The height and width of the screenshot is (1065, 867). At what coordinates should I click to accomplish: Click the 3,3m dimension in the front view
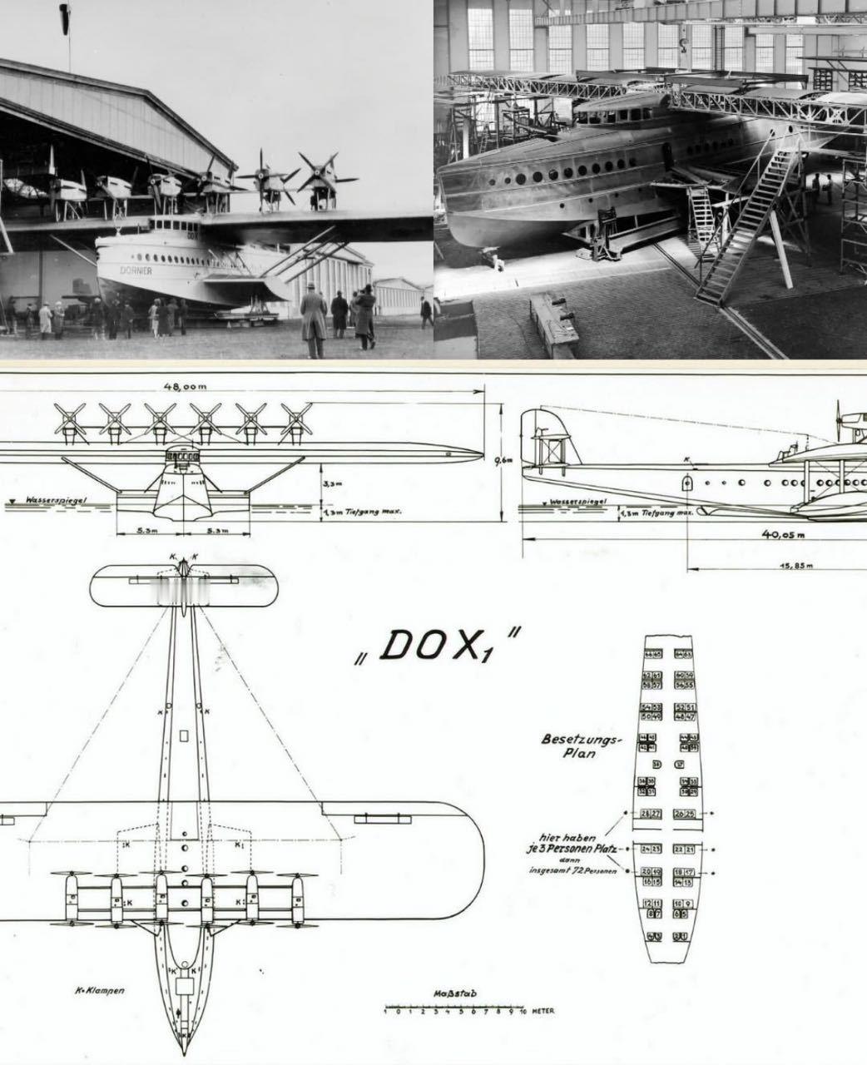coord(330,482)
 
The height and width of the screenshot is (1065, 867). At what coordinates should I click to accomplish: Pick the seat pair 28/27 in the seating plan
coord(651,813)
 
